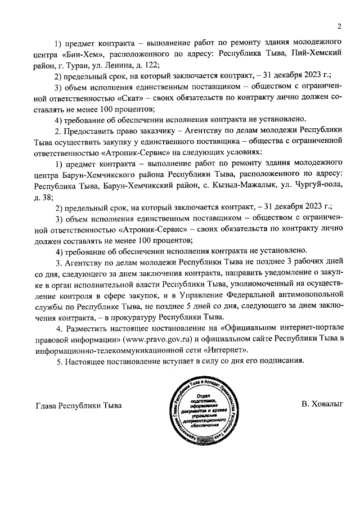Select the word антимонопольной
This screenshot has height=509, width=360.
[304, 294]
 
